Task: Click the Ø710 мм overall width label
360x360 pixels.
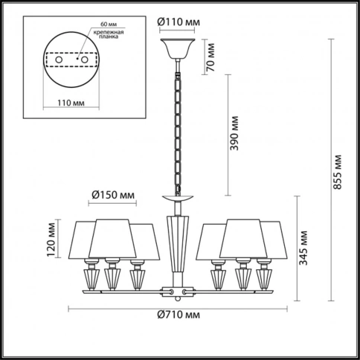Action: pos(179,315)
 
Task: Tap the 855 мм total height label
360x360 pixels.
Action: pos(338,173)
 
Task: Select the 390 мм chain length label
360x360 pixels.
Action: pos(234,133)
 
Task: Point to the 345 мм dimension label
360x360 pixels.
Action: pos(303,248)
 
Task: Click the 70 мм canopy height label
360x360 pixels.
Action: pos(210,57)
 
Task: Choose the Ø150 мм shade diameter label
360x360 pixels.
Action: pos(113,195)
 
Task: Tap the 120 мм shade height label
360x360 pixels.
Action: pos(51,240)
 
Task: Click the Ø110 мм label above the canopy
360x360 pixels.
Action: pos(179,22)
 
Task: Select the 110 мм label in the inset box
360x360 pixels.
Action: pos(71,103)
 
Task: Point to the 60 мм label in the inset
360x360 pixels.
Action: pos(109,25)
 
